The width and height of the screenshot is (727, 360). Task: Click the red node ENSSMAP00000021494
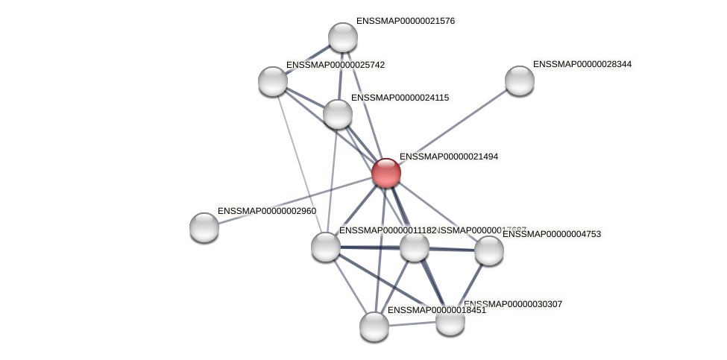tap(385, 173)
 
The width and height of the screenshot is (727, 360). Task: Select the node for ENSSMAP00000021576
tap(343, 37)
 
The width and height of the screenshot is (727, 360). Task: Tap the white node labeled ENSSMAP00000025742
tap(273, 80)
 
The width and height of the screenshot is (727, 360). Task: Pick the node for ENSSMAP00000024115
tap(338, 114)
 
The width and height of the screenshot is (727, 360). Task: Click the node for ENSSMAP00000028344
tap(520, 80)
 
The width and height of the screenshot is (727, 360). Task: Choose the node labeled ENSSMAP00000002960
tap(204, 227)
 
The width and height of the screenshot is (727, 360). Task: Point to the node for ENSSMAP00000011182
tap(326, 247)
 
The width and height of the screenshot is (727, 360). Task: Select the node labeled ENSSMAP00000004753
tap(489, 250)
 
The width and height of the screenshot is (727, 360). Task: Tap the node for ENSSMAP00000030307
tap(450, 321)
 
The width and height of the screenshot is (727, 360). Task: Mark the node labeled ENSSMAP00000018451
tap(374, 326)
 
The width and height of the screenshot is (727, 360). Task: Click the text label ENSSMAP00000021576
tap(406, 21)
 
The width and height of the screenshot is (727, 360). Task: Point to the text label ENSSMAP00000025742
tap(336, 65)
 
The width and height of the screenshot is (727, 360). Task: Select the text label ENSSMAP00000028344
tap(582, 64)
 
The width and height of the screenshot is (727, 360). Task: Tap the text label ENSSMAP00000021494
tap(449, 157)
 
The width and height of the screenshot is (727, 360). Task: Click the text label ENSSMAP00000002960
tap(267, 211)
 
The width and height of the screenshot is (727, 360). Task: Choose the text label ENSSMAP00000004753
tap(551, 234)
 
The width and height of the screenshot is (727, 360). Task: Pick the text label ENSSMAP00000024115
tap(400, 98)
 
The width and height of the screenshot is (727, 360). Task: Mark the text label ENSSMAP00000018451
tap(436, 310)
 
